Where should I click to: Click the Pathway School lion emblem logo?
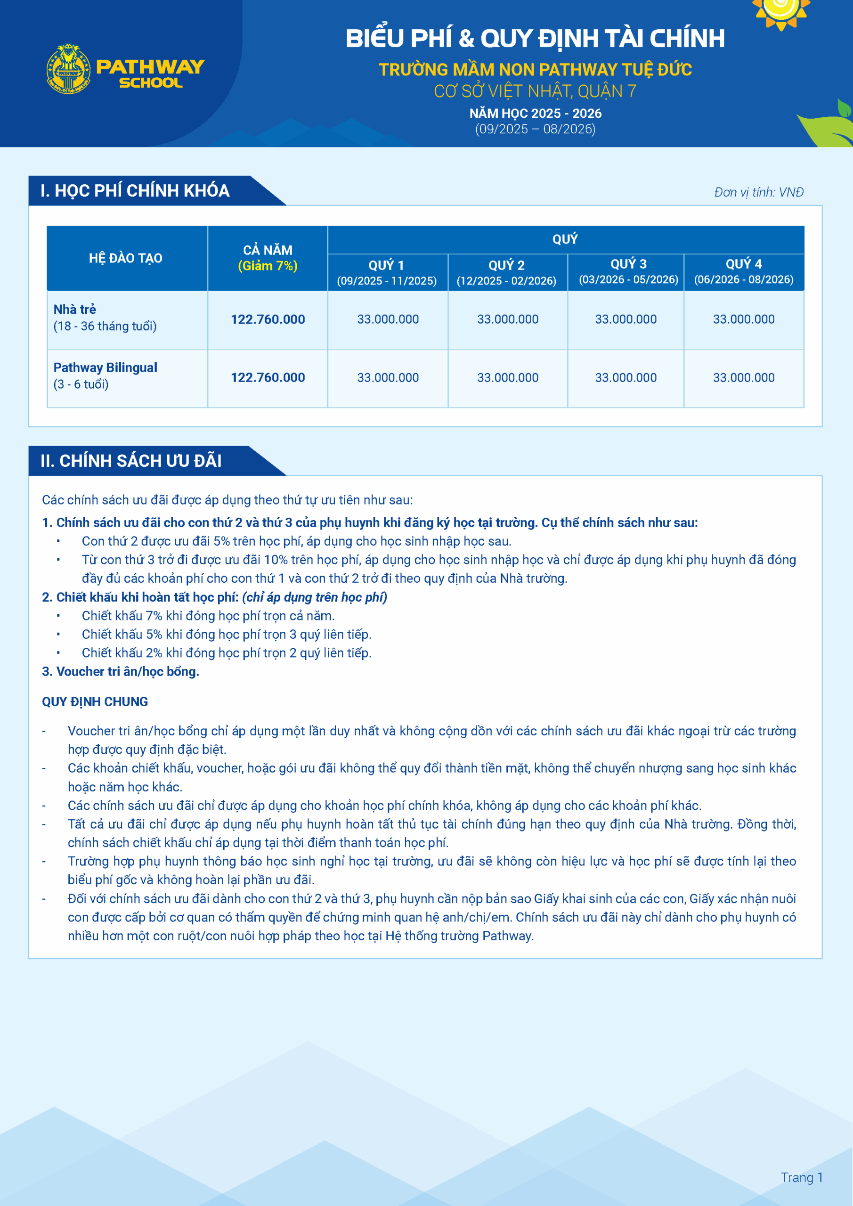68,69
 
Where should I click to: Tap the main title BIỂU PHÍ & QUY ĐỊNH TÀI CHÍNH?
535,38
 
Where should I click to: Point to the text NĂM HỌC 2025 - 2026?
535,114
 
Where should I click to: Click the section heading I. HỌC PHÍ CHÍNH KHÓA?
135,191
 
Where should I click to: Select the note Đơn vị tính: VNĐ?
758,192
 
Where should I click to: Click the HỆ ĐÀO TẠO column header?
126,258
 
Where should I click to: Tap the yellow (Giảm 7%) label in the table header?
268,266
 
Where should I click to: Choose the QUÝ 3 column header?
628,264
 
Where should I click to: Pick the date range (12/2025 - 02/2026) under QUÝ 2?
506,280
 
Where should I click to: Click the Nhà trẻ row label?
74,309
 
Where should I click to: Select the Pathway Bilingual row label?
105,367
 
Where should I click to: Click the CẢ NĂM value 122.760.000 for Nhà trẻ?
268,319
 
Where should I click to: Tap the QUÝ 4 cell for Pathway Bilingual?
743,378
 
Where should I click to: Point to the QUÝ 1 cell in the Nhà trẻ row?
388,319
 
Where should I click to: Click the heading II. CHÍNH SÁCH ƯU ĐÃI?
131,461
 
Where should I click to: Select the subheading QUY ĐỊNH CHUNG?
95,702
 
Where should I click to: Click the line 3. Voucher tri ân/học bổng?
120,671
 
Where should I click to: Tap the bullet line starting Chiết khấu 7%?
208,616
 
